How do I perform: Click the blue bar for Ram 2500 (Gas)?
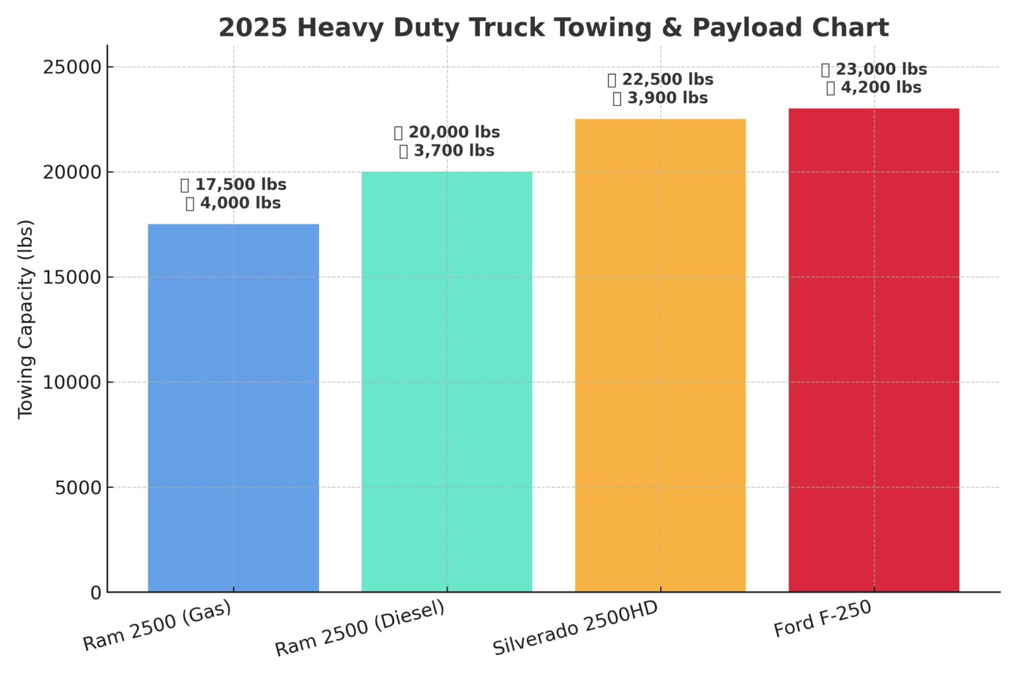click(233, 408)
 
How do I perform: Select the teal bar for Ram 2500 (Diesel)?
click(446, 381)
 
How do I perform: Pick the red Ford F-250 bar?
click(873, 350)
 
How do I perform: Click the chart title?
click(554, 28)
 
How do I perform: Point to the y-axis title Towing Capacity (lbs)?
click(25, 318)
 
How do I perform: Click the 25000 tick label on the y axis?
click(72, 67)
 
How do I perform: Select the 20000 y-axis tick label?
click(72, 172)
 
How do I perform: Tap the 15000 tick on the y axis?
click(72, 277)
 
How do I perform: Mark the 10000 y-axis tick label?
click(72, 382)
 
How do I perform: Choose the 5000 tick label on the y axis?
click(78, 487)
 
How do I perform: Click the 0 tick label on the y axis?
click(96, 593)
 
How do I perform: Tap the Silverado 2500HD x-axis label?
click(575, 628)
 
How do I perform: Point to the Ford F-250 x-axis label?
click(822, 619)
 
